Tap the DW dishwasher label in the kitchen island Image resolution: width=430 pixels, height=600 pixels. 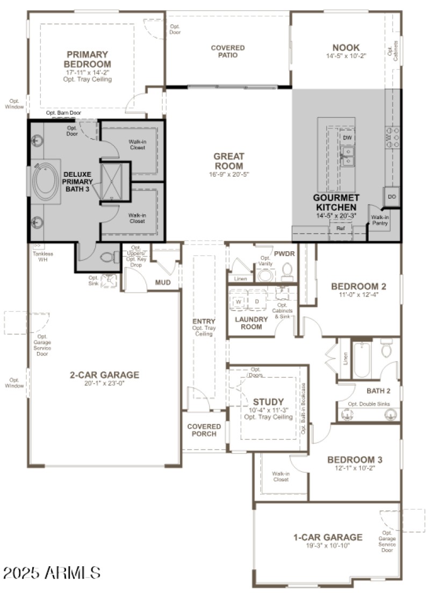pos(347,138)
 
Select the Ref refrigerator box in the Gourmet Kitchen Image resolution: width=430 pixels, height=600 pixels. pos(340,228)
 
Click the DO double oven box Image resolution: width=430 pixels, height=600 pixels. pos(392,197)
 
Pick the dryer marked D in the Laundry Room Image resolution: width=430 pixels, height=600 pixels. pos(257,301)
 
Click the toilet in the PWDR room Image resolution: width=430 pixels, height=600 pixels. pos(287,272)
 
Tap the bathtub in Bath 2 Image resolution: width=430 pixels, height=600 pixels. pos(362,359)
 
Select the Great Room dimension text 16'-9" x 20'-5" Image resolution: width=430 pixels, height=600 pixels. pos(228,174)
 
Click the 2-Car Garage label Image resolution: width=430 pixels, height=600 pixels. pos(104,375)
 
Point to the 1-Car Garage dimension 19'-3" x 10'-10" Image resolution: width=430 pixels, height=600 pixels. pos(328,546)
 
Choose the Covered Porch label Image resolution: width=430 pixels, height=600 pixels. pos(204,430)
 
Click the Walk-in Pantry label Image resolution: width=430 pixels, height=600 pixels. pos(379,220)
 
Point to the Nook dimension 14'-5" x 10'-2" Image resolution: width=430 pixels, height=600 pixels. pos(346,56)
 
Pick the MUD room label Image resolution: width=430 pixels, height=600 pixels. pos(163,282)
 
